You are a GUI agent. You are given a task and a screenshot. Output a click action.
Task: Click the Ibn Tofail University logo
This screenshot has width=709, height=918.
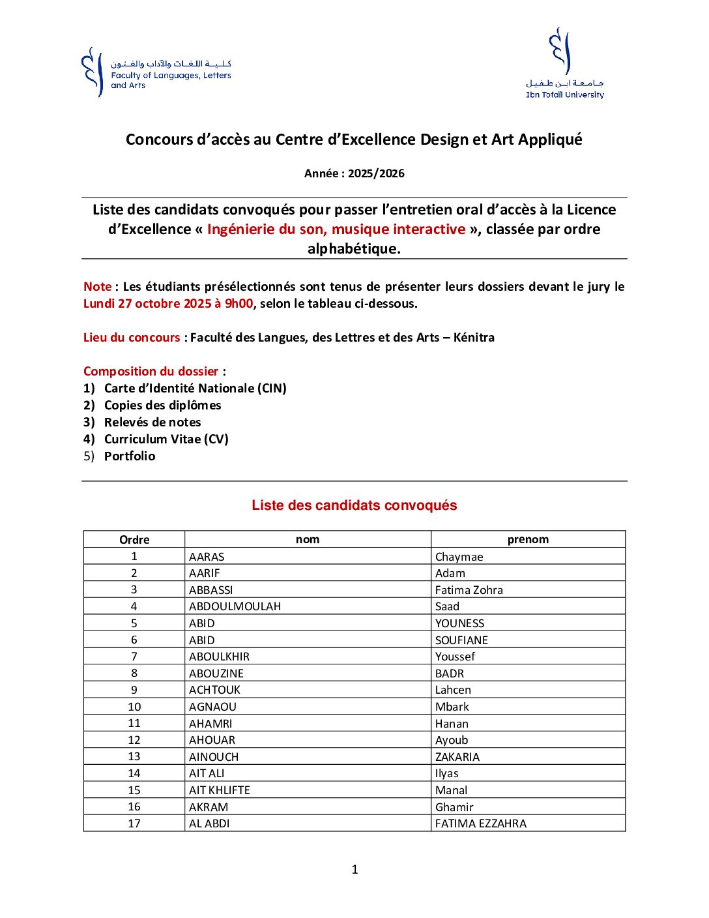[564, 63]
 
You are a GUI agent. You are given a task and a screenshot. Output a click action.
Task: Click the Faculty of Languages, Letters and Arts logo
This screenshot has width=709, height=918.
[156, 72]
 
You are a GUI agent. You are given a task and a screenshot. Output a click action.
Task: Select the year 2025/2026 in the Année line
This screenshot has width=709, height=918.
[376, 173]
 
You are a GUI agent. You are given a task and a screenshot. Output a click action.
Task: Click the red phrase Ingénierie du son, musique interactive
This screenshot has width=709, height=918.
[336, 229]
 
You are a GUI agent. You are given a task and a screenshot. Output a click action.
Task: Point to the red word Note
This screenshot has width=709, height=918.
[97, 287]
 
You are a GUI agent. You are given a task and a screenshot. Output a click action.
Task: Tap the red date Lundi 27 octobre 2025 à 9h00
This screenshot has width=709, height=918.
[168, 304]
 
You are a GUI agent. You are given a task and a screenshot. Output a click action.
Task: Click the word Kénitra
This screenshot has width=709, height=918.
[474, 338]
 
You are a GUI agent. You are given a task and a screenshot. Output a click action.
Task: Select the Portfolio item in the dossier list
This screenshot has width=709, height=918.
[130, 456]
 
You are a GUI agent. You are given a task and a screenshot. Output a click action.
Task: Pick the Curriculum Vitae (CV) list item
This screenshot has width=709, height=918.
[166, 439]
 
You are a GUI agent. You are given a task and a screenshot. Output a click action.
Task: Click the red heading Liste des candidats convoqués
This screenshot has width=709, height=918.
[354, 505]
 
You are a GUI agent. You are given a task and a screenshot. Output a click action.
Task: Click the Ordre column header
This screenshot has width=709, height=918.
[134, 540]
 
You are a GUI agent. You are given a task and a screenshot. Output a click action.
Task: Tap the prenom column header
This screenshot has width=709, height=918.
[528, 540]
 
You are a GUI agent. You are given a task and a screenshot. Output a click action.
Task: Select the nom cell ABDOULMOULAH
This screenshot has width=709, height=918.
[235, 607]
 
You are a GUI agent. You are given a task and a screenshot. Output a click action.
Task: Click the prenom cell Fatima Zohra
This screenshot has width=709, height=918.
[469, 590]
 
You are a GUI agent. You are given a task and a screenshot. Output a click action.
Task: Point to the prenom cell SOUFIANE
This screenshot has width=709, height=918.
[461, 640]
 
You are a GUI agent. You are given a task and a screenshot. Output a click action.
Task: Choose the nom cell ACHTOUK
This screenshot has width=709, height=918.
[214, 690]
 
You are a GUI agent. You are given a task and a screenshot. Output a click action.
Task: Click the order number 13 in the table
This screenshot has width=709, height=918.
[134, 757]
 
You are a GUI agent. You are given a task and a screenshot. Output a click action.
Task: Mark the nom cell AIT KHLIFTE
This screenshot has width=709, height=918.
[220, 790]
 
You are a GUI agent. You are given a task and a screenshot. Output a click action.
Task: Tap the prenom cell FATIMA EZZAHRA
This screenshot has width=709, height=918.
[481, 823]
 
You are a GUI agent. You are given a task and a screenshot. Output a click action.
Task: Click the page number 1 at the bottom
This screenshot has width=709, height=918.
[354, 869]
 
